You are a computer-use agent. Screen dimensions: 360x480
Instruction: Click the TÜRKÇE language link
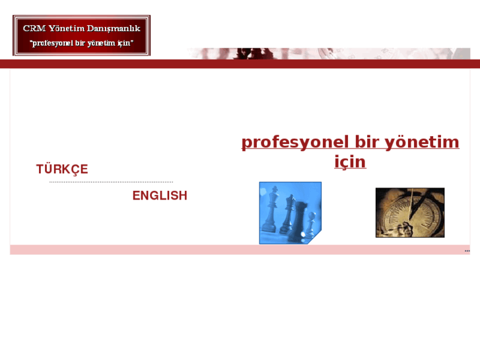(x=62, y=169)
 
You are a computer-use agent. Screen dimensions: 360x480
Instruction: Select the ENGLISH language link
(x=160, y=196)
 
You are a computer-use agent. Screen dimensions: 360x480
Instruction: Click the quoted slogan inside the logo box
(x=82, y=43)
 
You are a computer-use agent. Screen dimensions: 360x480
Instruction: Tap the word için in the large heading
(x=350, y=162)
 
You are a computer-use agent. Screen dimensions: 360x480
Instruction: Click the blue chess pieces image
(x=290, y=213)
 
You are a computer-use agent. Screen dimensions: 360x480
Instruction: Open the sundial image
(x=409, y=213)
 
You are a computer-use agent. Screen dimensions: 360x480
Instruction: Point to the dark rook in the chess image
(x=299, y=221)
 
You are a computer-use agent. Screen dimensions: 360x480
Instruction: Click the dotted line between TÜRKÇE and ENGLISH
(x=111, y=182)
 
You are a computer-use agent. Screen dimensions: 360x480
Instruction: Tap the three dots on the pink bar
(x=467, y=250)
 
